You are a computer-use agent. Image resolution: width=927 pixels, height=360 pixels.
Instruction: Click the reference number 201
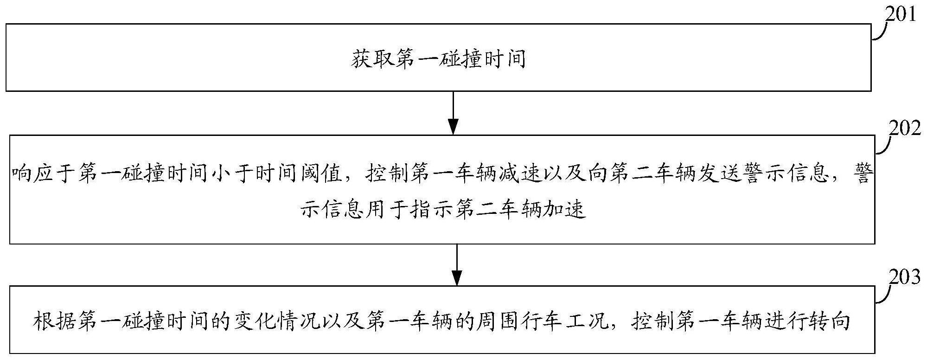pos(900,14)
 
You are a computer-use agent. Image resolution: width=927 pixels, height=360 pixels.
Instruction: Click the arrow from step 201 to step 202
pos(453,113)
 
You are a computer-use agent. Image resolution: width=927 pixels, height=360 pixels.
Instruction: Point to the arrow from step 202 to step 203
pos(457,264)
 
